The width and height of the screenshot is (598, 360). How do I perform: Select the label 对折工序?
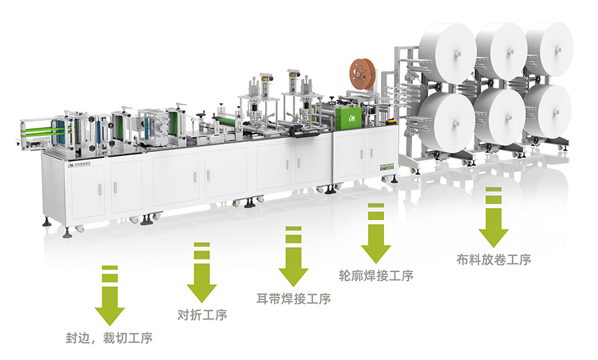202,315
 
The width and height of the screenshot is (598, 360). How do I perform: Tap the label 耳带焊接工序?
294,299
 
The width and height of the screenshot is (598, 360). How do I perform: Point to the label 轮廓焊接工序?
375,276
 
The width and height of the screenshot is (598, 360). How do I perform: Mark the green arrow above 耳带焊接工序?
293,256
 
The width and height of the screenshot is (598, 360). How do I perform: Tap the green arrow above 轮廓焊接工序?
375,233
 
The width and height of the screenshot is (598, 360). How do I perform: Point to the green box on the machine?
352,115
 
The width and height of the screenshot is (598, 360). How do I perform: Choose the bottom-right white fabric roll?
548,111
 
